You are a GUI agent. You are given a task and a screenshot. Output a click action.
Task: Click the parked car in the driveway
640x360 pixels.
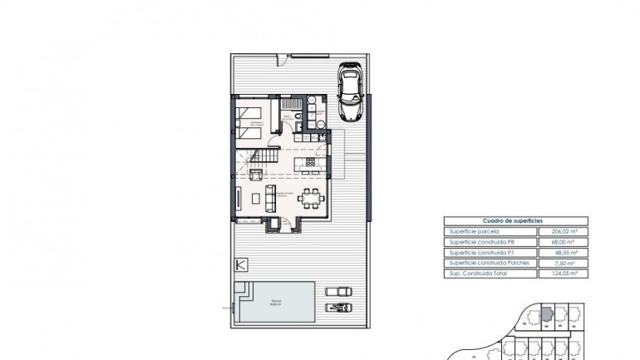tap(350, 94)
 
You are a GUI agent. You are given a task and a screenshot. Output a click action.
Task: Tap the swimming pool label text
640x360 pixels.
tap(273, 304)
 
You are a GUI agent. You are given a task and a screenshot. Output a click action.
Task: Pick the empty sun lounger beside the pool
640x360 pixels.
tap(338, 290)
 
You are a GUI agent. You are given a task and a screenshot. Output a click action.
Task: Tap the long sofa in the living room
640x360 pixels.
tap(270, 197)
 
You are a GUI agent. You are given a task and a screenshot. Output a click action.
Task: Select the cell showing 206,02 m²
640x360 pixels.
tap(564, 232)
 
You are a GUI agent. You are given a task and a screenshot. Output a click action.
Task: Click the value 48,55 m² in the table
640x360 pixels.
tap(564, 252)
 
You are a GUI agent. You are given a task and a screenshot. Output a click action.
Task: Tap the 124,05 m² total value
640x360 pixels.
tap(564, 272)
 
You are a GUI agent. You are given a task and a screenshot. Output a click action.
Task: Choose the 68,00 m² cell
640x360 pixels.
tap(564, 242)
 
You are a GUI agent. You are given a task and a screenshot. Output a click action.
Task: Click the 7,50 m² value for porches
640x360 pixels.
tap(564, 262)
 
